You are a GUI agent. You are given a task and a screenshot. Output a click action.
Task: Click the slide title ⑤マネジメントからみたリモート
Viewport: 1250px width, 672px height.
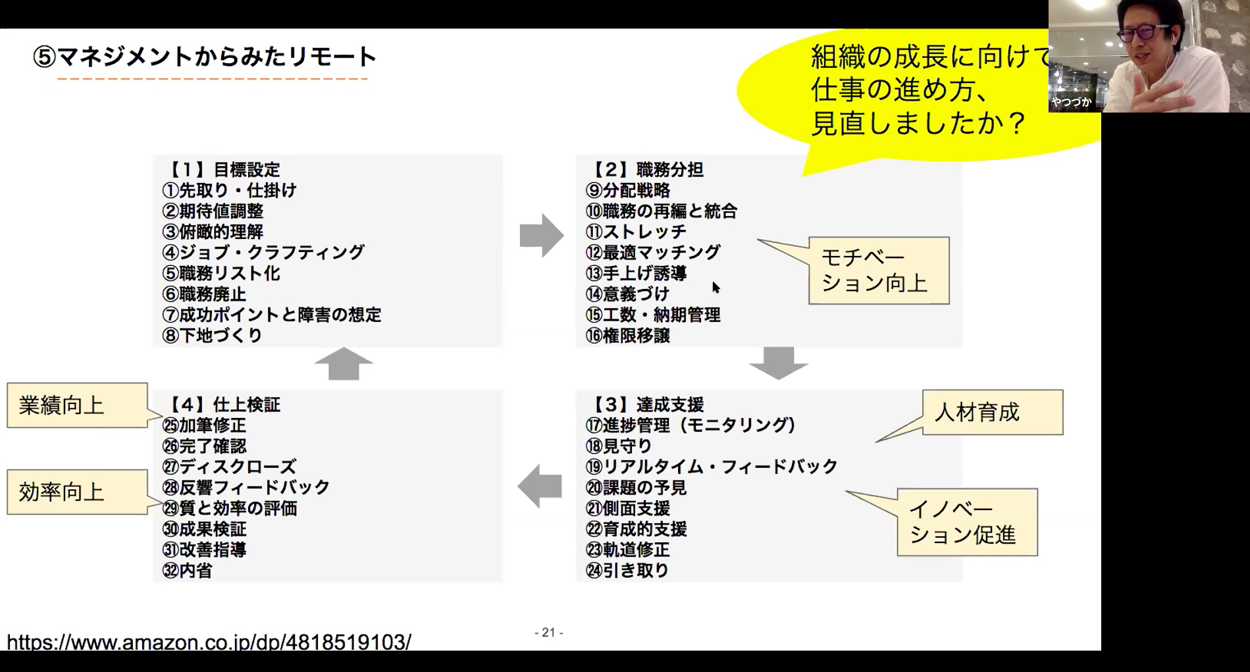click(205, 57)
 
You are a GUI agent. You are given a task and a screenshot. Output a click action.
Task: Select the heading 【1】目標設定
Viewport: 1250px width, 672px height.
click(224, 170)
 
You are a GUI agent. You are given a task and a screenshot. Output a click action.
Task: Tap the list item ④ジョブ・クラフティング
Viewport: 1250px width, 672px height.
click(263, 253)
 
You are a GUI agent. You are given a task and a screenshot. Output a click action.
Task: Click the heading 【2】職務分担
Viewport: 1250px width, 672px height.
click(647, 170)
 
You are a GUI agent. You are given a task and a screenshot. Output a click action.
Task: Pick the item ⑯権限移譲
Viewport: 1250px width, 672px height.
click(628, 336)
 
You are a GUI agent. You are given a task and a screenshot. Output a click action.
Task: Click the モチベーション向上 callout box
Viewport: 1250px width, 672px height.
click(878, 271)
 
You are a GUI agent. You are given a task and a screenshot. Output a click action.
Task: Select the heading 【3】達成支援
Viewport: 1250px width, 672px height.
click(647, 404)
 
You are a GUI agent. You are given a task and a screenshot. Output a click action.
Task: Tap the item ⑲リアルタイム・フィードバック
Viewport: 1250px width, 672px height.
click(712, 467)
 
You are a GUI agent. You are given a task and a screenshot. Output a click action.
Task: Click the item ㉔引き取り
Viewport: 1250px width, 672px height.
click(627, 571)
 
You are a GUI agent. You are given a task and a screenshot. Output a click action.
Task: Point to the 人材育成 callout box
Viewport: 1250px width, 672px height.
click(992, 413)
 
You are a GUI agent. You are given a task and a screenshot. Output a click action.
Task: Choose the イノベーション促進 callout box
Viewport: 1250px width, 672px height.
click(967, 522)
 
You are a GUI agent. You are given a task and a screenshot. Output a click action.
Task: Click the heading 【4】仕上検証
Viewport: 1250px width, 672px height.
click(224, 404)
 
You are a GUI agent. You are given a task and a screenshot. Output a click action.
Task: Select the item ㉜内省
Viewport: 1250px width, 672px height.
click(188, 571)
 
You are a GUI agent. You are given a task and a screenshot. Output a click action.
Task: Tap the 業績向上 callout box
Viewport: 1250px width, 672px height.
click(76, 405)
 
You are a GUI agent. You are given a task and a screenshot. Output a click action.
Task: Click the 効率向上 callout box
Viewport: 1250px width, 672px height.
click(76, 492)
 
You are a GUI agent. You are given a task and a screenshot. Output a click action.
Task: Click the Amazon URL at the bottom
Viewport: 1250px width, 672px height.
click(209, 642)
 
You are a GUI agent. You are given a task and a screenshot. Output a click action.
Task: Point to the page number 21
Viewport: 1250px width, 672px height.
click(548, 633)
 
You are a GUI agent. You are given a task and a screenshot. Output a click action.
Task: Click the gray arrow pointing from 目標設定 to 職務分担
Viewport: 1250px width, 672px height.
click(541, 235)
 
